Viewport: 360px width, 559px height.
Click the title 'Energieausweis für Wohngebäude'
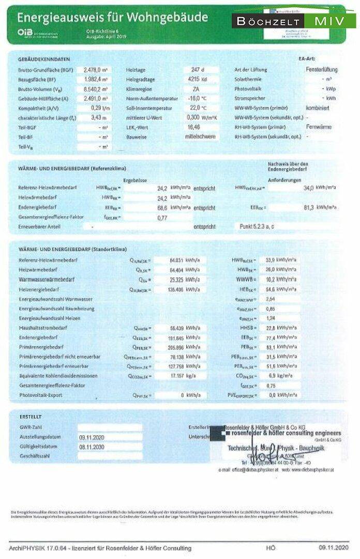coord(113,18)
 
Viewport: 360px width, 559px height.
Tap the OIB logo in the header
coord(25,33)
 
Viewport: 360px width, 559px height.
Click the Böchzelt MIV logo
coord(293,21)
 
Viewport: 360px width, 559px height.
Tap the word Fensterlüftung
coord(322,69)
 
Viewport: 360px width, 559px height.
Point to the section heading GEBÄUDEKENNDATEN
coord(44,59)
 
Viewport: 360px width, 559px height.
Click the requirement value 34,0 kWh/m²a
coord(320,188)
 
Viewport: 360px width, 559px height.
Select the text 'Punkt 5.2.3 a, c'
coord(258,227)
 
